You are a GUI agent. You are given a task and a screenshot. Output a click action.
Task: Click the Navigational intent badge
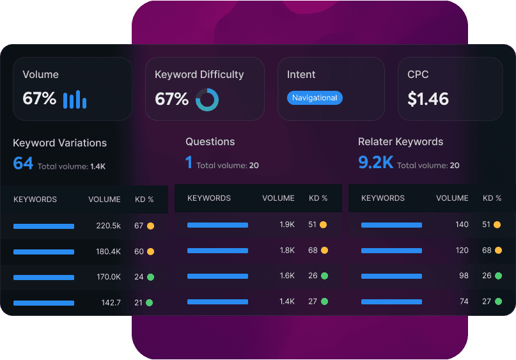pos(315,98)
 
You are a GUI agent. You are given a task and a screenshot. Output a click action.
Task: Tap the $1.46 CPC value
pos(428,98)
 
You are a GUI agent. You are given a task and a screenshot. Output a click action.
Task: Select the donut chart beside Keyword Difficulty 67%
pos(207,99)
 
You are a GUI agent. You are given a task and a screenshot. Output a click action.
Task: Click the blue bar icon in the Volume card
pos(75,99)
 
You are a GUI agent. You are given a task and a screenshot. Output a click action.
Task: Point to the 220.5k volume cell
pos(108,226)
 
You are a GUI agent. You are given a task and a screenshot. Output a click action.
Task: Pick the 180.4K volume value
pos(108,251)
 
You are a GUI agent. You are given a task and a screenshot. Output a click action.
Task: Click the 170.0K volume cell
pos(108,277)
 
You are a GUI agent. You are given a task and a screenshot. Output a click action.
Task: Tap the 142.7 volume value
pos(111,302)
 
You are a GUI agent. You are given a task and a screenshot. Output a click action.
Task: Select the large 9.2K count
pos(375,162)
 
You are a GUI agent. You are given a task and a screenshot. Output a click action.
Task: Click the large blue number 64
pos(23,163)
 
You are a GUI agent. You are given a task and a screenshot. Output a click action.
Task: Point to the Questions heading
pos(210,141)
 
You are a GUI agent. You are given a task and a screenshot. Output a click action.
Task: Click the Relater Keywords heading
pos(400,141)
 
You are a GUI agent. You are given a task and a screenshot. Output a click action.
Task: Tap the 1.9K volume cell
pos(287,224)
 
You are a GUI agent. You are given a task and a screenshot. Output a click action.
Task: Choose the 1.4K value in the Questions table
pos(287,301)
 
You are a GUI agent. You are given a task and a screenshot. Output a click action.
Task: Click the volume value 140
pos(462,224)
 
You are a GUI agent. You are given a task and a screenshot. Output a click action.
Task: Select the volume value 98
pos(464,276)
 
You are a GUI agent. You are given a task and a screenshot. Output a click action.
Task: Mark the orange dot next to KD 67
pos(151,226)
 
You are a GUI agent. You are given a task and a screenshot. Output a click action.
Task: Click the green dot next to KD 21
pos(150,302)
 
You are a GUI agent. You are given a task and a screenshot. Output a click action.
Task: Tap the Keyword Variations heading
pos(59,143)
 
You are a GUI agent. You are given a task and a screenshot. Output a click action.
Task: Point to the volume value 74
pos(464,301)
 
